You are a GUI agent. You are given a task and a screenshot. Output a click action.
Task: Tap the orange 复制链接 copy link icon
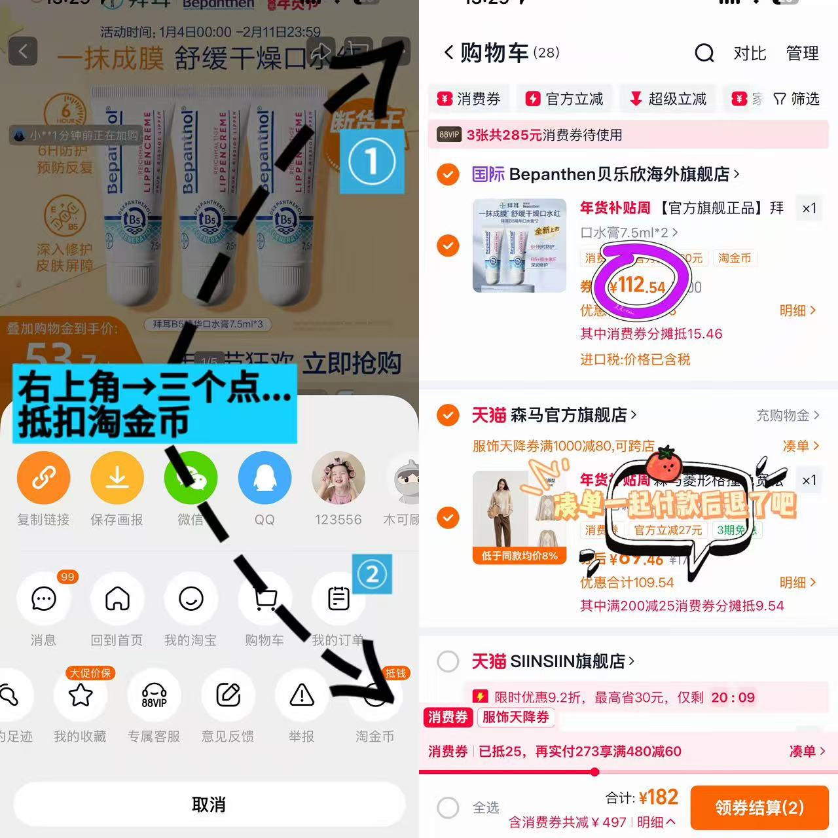coord(43,478)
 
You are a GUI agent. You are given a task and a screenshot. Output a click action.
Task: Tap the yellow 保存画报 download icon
coord(117,478)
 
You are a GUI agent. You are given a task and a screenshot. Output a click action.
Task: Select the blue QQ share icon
coord(264,478)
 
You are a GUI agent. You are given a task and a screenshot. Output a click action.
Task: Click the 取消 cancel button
coord(209,805)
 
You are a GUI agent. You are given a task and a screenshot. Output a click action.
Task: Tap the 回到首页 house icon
coord(117,598)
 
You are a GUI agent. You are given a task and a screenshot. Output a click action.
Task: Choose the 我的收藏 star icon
coord(81,695)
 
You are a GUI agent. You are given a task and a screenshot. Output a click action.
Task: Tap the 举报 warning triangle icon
coord(302,695)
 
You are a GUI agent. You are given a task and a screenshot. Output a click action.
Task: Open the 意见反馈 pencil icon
coord(228,695)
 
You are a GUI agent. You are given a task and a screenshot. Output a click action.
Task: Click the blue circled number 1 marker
coord(372,161)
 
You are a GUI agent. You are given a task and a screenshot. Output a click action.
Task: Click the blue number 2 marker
coord(372,574)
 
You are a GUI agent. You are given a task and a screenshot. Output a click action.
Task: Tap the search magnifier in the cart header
coord(704,53)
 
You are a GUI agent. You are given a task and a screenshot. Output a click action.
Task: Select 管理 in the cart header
coord(802,53)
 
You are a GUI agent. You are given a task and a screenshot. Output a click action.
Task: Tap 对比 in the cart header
coord(750,53)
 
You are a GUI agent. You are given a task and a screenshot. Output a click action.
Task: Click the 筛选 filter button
coord(797,99)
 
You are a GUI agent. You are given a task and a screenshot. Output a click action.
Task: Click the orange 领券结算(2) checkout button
coord(759,808)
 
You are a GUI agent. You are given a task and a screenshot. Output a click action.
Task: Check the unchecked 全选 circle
coord(448,808)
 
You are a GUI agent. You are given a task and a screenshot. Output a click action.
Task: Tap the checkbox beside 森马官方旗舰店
coord(448,415)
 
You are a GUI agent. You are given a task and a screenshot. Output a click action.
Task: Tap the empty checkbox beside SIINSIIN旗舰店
coord(448,661)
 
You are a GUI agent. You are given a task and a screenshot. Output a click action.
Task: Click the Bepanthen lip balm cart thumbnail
coord(519,245)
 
